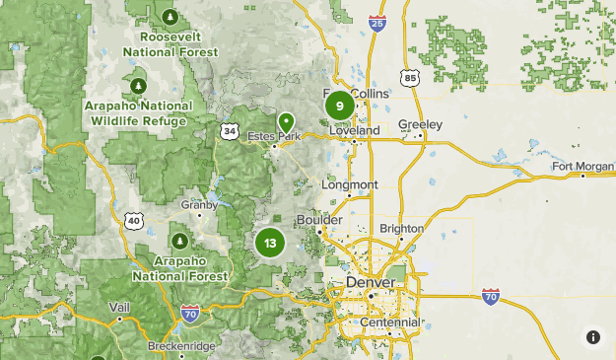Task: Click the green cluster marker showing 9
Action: click(x=339, y=106)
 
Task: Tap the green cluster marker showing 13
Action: click(x=269, y=242)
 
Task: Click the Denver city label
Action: click(x=371, y=283)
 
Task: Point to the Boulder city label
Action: click(x=320, y=219)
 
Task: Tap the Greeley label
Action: click(x=421, y=124)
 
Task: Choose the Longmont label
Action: click(x=349, y=184)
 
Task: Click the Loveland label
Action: click(x=355, y=130)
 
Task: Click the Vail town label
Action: click(x=119, y=308)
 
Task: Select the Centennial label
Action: click(x=390, y=323)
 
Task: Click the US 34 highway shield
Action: click(x=229, y=130)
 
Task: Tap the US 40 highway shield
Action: click(x=133, y=221)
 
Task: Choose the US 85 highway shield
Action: click(x=409, y=76)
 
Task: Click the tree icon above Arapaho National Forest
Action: click(x=180, y=240)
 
